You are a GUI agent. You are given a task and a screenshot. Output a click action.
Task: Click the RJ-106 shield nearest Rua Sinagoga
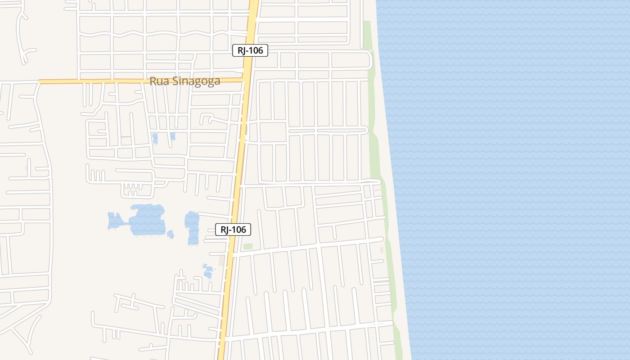250,50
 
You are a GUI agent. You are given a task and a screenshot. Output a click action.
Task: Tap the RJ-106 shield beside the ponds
233,229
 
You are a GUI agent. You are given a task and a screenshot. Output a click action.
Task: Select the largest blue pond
147,220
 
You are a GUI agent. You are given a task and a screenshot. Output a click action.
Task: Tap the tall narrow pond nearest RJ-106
192,227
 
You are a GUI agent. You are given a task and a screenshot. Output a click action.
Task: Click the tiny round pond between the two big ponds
170,234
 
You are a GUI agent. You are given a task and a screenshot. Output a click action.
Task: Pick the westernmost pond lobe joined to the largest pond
114,221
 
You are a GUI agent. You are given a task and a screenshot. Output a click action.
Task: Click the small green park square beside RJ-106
248,246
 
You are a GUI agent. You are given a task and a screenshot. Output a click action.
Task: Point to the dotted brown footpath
126,137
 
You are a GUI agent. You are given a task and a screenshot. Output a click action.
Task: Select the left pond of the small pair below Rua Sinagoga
155,138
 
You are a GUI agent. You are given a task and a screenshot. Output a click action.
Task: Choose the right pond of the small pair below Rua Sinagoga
173,136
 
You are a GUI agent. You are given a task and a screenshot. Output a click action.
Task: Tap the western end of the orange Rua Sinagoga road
40,82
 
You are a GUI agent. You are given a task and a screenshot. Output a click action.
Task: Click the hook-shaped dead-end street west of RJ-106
207,119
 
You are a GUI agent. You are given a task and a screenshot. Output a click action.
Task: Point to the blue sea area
517,180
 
